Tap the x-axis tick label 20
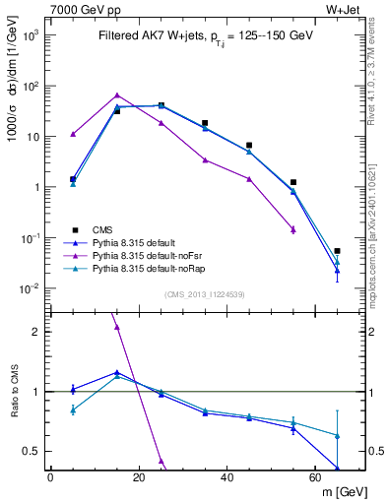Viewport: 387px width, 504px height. click(x=139, y=475)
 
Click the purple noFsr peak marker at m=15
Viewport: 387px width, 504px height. click(x=117, y=95)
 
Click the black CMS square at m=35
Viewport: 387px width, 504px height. click(x=205, y=123)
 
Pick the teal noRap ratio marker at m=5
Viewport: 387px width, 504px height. click(x=73, y=409)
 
